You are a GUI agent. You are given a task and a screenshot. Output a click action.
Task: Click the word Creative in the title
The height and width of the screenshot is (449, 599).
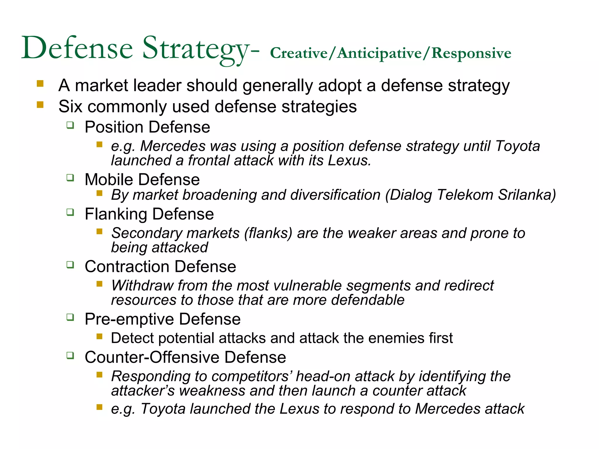[x=298, y=53]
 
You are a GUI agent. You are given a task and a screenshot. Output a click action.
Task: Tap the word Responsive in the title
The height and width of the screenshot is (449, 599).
[x=471, y=53]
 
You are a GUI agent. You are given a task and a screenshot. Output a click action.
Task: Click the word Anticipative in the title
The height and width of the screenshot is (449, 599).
[x=379, y=54]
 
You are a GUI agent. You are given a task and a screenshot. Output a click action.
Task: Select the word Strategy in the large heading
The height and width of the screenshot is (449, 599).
[x=195, y=49]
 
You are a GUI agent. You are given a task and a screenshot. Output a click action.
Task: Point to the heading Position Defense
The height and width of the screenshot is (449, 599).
[x=147, y=127]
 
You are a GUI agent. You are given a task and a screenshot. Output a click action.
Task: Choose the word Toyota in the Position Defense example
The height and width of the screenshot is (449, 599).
[x=517, y=146]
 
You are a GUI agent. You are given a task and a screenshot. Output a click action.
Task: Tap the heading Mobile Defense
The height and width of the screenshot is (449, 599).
[x=142, y=179]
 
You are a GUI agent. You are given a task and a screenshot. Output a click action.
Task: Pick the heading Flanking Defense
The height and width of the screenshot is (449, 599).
[x=149, y=214]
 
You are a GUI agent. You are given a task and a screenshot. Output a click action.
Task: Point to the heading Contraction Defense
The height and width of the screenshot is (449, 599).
[x=160, y=267]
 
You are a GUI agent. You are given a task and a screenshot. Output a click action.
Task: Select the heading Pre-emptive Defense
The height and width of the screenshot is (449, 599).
[x=162, y=319]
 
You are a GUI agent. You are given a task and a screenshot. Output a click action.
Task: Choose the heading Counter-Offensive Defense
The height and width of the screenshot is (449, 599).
[x=185, y=357]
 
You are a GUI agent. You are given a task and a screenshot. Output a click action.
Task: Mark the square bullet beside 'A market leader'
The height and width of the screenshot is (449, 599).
[x=40, y=84]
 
